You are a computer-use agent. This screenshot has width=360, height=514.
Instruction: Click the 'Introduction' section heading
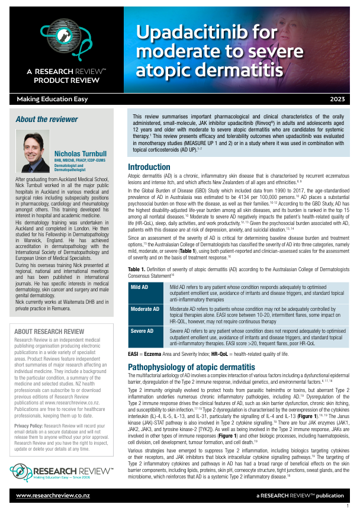149,167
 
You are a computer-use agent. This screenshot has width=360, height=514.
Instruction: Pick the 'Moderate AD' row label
145,309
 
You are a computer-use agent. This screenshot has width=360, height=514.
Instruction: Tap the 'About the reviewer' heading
47,119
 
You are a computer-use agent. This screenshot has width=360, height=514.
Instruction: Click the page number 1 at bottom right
347,507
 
